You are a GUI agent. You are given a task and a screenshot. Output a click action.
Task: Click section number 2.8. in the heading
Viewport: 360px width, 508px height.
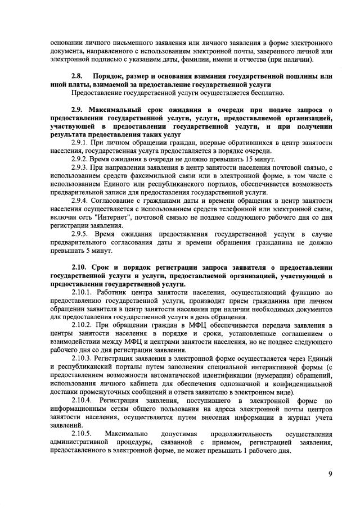pyautogui.click(x=78, y=75)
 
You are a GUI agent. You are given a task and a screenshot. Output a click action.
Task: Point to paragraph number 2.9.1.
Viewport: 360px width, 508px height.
pyautogui.click(x=81, y=143)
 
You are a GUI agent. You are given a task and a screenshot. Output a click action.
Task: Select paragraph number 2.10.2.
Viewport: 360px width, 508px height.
pyautogui.click(x=84, y=326)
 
